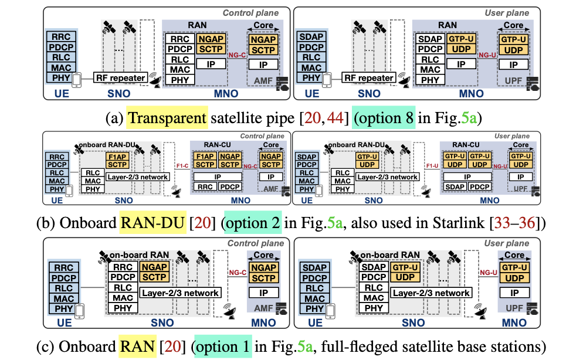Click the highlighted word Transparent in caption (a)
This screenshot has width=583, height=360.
click(x=167, y=118)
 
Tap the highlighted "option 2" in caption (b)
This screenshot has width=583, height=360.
click(x=253, y=223)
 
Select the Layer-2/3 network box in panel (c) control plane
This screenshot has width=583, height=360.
click(x=181, y=293)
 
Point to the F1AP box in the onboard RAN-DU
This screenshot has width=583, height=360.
click(x=117, y=158)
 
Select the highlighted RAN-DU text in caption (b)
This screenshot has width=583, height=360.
click(x=152, y=223)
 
